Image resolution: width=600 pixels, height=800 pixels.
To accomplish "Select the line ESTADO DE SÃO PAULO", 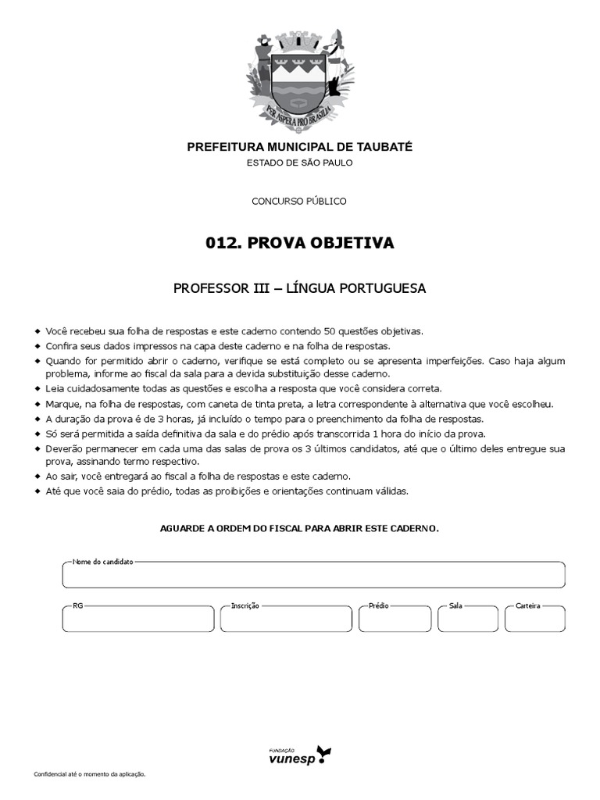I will click(x=300, y=162).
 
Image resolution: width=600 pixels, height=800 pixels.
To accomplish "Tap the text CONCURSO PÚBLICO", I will click(x=299, y=201).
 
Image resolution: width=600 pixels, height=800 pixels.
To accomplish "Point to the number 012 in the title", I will click(x=222, y=244).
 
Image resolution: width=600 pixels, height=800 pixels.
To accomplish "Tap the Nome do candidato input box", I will click(x=313, y=576).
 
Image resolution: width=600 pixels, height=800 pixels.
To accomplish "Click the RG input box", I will click(x=137, y=620).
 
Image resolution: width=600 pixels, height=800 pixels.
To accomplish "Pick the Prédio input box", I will click(x=395, y=620).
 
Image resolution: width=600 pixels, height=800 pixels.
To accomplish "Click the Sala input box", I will click(x=467, y=620).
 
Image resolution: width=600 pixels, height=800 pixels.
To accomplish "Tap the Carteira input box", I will click(x=535, y=620).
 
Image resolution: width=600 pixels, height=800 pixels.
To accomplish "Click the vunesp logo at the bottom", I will click(x=300, y=755).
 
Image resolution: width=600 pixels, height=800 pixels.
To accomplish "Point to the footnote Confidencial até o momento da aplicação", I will click(x=90, y=774).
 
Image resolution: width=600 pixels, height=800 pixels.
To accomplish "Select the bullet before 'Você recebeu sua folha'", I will click(x=37, y=331).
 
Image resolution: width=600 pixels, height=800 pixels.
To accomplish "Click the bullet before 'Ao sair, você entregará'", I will click(x=37, y=476).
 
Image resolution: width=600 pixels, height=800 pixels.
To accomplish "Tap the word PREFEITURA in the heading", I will click(x=221, y=147).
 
